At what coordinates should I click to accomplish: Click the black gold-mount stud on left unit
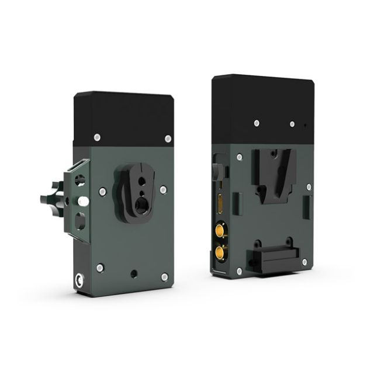pos(138,187)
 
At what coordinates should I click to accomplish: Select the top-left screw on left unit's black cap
pos(97,137)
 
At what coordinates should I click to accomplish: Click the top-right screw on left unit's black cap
pos(168,138)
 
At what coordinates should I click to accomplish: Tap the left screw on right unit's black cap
pos(257,123)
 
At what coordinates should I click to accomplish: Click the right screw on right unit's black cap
pos(292,124)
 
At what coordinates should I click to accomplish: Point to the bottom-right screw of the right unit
pos(304,262)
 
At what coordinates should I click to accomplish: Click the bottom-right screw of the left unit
pos(164,276)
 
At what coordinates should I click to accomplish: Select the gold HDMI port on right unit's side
pos(220,205)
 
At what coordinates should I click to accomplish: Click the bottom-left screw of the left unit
pos(100,268)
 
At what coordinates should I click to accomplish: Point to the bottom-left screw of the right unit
pos(239,271)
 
